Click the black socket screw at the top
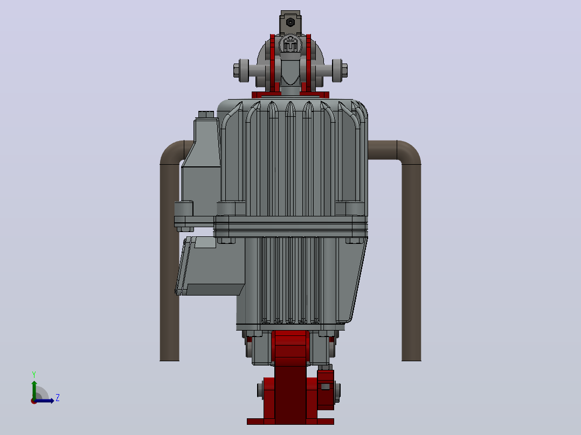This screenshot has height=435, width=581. pos(290,22)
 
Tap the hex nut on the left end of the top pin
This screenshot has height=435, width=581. pos(237,71)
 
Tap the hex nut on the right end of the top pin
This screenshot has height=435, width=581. pos(344,71)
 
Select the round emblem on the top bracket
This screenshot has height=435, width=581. pos(290,45)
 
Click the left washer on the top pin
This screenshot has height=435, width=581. pos(244,71)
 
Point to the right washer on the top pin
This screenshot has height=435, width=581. pos(337,71)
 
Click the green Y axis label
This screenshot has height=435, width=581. pos(34,375)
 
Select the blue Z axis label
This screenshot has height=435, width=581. pos(58,398)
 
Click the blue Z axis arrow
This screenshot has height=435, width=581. pos(44,401)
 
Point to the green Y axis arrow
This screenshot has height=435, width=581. pos(34,390)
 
